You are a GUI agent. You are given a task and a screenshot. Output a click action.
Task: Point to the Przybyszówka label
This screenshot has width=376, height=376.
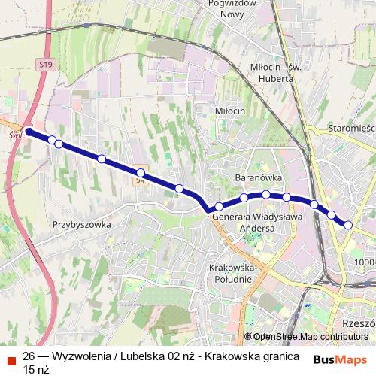pyautogui.click(x=82, y=225)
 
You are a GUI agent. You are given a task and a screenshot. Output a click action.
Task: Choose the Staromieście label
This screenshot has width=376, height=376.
pyautogui.click(x=352, y=129)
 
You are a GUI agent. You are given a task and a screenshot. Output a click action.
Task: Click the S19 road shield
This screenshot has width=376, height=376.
pyautogui.click(x=47, y=66)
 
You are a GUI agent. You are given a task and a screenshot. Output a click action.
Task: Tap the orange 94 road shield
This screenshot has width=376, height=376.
pyautogui.click(x=140, y=180)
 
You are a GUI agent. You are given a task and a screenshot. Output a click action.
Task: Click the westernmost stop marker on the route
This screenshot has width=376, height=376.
pyautogui.click(x=29, y=132)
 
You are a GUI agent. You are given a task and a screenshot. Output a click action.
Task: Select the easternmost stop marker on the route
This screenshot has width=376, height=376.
pyautogui.click(x=348, y=224)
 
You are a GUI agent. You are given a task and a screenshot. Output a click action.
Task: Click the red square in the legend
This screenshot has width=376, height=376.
pyautogui.click(x=11, y=357)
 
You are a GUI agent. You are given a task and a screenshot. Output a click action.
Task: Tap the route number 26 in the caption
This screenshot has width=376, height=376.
pyautogui.click(x=29, y=356)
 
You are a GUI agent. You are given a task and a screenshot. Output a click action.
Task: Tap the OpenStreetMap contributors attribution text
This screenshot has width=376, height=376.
pyautogui.click(x=310, y=337)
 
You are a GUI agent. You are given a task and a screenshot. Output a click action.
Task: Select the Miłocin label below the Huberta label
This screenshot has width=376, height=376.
pyautogui.click(x=230, y=111)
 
